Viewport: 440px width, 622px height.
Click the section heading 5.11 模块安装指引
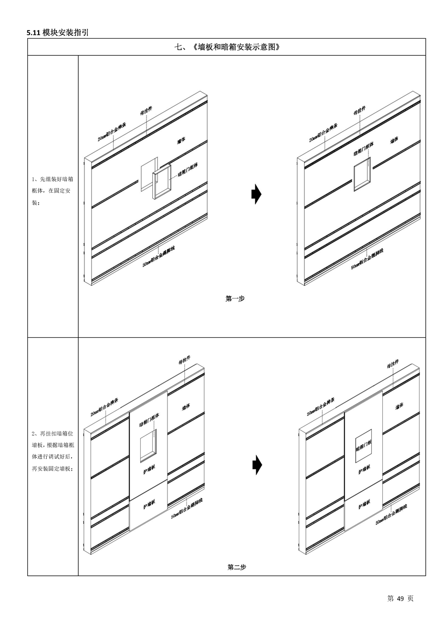click(x=58, y=32)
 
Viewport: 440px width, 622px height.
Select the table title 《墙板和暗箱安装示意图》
click(x=227, y=47)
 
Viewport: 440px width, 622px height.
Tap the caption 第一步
click(x=235, y=299)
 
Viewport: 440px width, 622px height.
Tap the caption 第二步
click(x=237, y=567)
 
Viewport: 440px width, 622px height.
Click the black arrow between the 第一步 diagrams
click(x=256, y=194)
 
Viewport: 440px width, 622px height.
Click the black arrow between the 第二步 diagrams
click(x=257, y=465)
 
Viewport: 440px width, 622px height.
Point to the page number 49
click(x=400, y=599)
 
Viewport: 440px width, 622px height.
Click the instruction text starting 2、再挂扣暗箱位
click(x=52, y=451)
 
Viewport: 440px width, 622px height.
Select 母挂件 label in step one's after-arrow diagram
click(x=360, y=111)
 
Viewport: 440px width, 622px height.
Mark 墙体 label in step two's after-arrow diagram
click(x=399, y=405)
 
